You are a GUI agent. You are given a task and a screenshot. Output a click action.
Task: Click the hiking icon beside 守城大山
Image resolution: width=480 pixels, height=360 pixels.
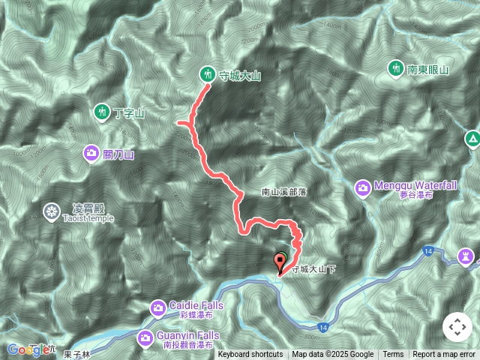point(207,74)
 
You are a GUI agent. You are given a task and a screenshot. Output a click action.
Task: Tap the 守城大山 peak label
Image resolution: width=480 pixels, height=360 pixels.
point(239,76)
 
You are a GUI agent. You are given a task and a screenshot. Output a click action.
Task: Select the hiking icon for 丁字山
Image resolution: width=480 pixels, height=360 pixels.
point(102,112)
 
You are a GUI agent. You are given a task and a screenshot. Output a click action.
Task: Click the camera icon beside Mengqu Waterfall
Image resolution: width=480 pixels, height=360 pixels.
point(362,185)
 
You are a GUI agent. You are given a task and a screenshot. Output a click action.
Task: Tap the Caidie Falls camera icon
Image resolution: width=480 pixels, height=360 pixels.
point(158,307)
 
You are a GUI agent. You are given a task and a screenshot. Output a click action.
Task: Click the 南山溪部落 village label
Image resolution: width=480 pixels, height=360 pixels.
point(284,192)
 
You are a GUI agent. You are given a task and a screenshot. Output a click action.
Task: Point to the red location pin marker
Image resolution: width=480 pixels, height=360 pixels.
point(281,262)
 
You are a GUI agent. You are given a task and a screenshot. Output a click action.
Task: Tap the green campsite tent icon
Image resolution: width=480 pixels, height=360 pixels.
point(472,139)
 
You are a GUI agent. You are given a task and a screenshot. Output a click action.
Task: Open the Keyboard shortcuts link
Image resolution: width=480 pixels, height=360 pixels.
point(250,355)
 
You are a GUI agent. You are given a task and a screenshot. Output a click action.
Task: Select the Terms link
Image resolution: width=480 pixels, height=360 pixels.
point(393,355)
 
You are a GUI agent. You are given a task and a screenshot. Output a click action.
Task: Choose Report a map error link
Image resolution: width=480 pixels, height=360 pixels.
point(444,355)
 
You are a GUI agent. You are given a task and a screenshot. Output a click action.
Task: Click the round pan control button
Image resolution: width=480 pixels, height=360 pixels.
point(457,327)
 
